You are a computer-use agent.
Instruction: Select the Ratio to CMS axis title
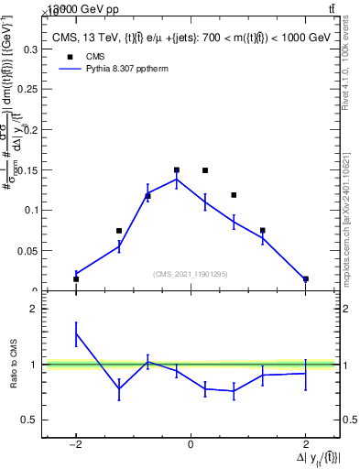click(13, 365)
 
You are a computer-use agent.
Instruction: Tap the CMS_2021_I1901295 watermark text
click(191, 274)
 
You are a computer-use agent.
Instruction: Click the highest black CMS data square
click(177, 169)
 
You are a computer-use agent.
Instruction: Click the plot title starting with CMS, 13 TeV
click(191, 38)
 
